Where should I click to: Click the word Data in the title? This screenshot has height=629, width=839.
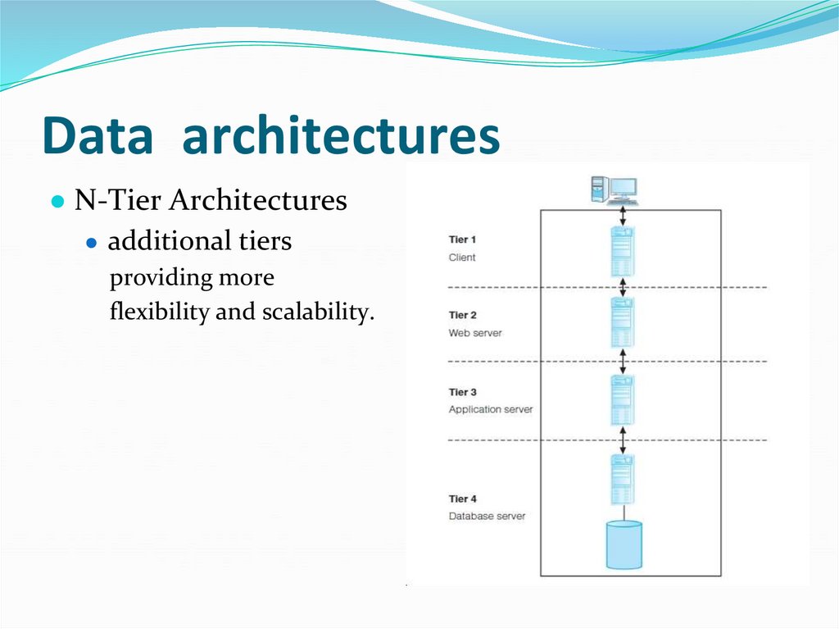(x=98, y=137)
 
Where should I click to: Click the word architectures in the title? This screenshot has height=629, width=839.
(x=341, y=137)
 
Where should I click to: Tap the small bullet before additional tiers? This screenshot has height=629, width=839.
(x=93, y=244)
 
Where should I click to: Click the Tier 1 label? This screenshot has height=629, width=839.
(x=463, y=239)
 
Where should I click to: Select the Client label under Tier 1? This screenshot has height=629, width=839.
(x=462, y=258)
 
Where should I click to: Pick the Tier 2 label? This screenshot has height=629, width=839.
(x=463, y=315)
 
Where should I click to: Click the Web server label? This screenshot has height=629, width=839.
(x=475, y=333)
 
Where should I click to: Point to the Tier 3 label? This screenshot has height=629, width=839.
(x=463, y=392)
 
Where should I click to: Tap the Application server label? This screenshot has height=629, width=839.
(x=490, y=409)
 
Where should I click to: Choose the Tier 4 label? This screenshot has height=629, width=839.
(x=463, y=499)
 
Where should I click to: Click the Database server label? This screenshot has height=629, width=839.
(x=487, y=517)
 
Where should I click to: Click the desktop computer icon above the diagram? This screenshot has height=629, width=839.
(x=614, y=190)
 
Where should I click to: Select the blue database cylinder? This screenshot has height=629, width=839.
(x=624, y=545)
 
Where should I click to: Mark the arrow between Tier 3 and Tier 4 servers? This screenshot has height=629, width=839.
(x=624, y=440)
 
